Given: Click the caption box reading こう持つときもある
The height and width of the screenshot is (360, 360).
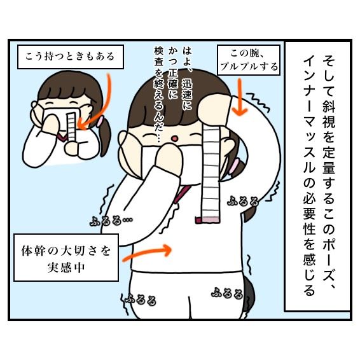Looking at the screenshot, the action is (71, 57).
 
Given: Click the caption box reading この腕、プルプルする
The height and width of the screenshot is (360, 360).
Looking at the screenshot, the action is (249, 60).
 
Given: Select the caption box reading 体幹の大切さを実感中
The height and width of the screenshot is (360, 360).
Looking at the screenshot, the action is (66, 258).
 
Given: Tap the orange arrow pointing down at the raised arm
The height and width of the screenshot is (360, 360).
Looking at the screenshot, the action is (240, 97).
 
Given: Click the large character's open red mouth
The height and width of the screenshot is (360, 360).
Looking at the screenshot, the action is (174, 139).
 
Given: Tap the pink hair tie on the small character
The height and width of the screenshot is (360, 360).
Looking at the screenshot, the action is (100, 121).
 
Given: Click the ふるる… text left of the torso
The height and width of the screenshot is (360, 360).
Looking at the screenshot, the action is (111, 221).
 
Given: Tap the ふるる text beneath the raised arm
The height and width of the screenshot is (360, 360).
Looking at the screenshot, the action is (243, 201).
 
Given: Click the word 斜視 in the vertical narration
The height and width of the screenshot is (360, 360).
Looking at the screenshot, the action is (329, 113).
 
